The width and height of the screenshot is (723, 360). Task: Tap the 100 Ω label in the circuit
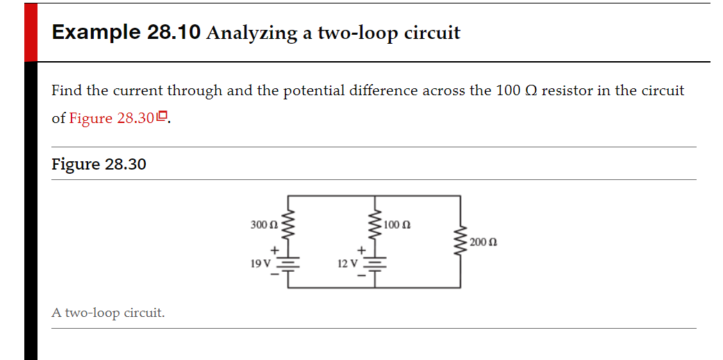(x=397, y=224)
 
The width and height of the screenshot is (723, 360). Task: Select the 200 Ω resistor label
(x=483, y=242)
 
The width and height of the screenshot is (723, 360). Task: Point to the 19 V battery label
(x=261, y=263)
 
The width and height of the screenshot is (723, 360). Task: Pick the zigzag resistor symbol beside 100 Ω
(x=375, y=222)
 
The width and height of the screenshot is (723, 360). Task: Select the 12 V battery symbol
(x=375, y=263)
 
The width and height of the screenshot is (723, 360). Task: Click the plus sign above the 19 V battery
(x=274, y=249)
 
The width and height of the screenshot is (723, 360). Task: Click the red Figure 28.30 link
(x=111, y=118)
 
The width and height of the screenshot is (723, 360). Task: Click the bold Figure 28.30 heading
(x=99, y=164)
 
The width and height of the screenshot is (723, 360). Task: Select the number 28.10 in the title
(x=174, y=33)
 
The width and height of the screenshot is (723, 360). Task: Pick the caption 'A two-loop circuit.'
(x=108, y=313)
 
